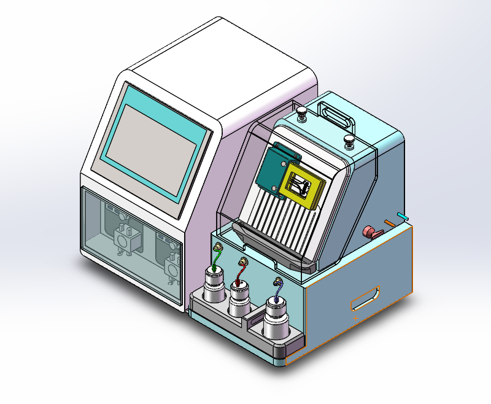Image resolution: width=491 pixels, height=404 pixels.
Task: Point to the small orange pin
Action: (x=389, y=222)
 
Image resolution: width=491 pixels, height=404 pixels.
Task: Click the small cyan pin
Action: (x=402, y=216)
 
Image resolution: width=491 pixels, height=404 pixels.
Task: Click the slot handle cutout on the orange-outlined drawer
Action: (x=365, y=298)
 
